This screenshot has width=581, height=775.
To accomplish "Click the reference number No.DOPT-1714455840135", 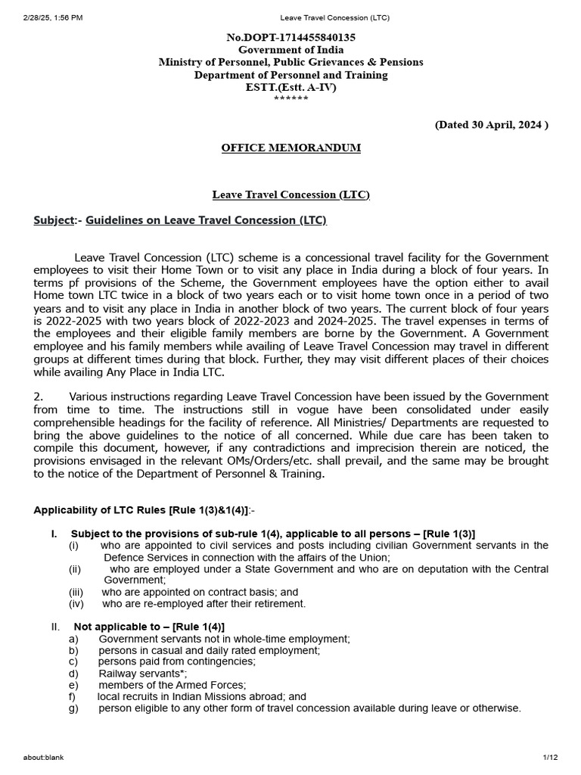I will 290,36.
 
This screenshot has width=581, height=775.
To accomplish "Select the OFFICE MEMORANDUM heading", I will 290,148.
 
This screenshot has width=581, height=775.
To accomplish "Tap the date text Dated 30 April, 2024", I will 491,125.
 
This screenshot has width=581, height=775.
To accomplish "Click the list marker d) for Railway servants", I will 73,674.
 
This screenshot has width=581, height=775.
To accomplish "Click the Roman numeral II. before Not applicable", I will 55,627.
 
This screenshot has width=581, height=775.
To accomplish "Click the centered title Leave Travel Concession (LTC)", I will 290,195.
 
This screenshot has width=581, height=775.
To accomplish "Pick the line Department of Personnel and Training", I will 290,75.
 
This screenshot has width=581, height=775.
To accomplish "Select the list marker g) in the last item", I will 73,708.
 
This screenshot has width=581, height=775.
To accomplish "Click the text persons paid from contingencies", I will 176,661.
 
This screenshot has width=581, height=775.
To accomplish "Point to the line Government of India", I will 290,49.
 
